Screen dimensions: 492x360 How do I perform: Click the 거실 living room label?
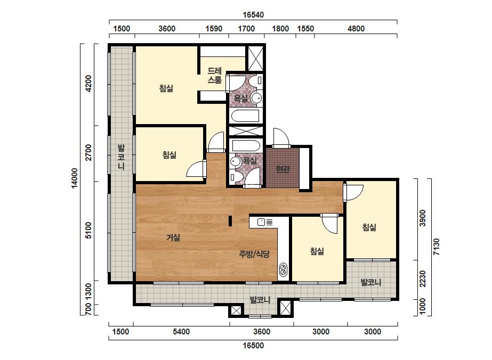point(173,238)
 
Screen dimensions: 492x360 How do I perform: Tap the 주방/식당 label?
point(254,253)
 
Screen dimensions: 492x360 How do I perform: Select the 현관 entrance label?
point(283,169)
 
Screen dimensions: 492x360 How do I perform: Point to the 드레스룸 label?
point(215,76)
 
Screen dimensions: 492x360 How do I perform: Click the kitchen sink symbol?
point(265,222)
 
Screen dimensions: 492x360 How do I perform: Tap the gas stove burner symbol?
point(283,269)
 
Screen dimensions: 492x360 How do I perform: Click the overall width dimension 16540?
point(253,15)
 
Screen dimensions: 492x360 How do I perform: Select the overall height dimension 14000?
point(75,178)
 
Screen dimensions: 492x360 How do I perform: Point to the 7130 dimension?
point(436,247)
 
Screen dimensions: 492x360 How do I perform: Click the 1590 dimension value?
point(214,29)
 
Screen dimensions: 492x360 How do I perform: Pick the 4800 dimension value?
point(356,29)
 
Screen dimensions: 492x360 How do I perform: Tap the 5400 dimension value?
point(181,332)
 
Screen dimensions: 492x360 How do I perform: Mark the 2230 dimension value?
point(423,279)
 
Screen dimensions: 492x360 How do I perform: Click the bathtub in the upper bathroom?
point(245,116)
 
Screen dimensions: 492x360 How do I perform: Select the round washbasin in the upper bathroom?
point(256,97)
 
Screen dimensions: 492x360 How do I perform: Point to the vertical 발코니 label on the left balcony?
point(121,157)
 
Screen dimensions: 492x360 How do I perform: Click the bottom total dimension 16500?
point(253,346)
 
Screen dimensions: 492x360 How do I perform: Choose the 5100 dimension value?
point(88,231)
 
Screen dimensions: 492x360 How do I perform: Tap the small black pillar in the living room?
point(230,221)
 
